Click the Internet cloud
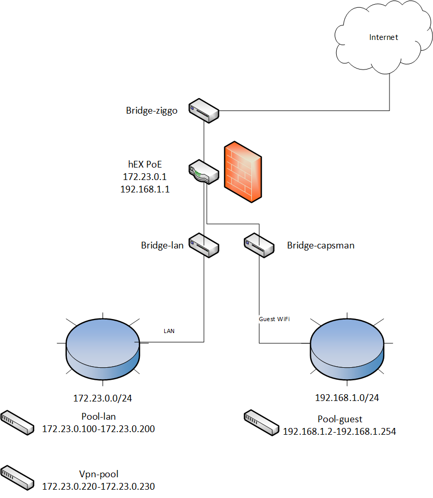pos(383,39)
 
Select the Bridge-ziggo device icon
pos(204,110)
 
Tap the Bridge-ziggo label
pos(152,110)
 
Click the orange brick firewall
pos(242,172)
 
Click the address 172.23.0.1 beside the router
pos(145,177)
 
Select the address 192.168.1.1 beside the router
pos(145,189)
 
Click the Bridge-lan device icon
pos(204,245)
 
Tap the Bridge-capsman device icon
pos(259,245)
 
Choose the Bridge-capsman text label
pos(321,245)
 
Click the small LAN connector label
pos(169,330)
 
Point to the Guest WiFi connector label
pos(274,319)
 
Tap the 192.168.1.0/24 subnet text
pos(347,398)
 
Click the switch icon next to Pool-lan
pos(16,422)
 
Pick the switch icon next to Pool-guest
pos(261,422)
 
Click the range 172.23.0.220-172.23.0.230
pos(98,487)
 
